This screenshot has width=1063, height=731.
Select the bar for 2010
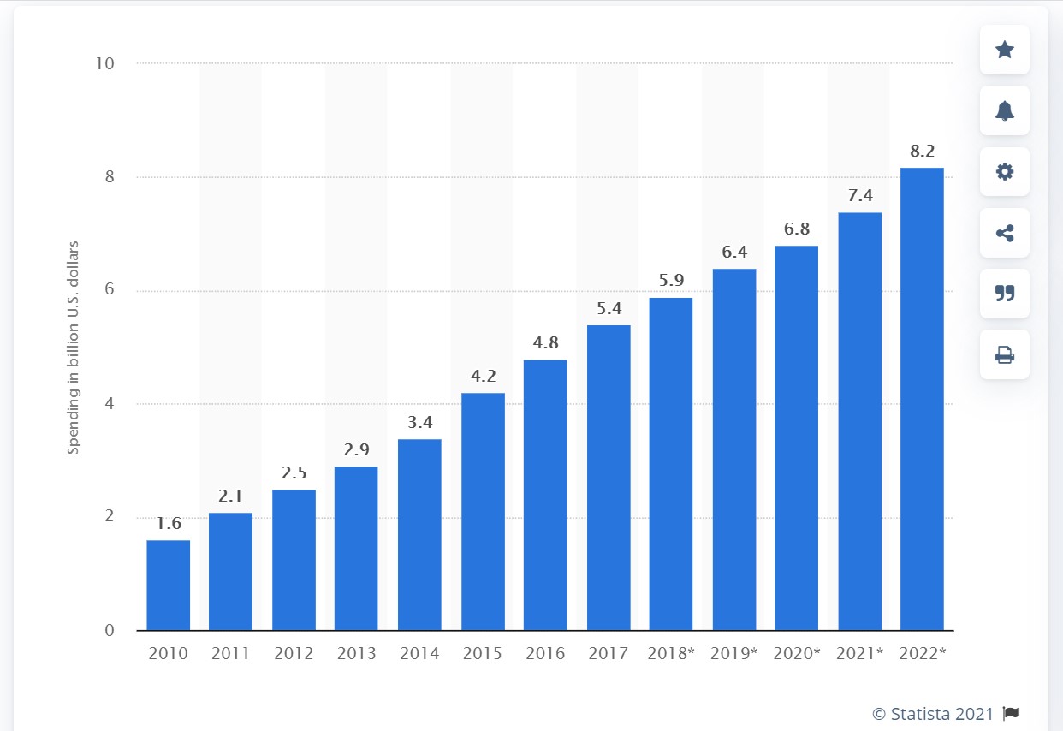pyautogui.click(x=168, y=585)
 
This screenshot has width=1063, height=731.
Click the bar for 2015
pyautogui.click(x=483, y=512)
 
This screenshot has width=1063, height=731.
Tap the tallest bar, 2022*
pyautogui.click(x=922, y=399)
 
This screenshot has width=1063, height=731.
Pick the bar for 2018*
pyautogui.click(x=671, y=464)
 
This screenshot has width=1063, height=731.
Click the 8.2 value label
pyautogui.click(x=922, y=151)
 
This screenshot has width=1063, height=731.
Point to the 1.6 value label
pyautogui.click(x=168, y=523)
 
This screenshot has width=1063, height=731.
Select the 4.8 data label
pyautogui.click(x=545, y=342)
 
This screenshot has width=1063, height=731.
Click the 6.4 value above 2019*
pyautogui.click(x=734, y=252)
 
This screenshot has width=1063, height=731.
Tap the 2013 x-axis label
pyautogui.click(x=356, y=654)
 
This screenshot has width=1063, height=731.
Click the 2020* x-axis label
pyautogui.click(x=797, y=654)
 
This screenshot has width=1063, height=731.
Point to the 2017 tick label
pyautogui.click(x=609, y=654)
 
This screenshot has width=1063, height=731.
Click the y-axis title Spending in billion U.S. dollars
pyautogui.click(x=74, y=348)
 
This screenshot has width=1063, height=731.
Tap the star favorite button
pyautogui.click(x=1005, y=50)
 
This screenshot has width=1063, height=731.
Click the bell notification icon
pyautogui.click(x=1005, y=110)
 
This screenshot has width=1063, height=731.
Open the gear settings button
pyautogui.click(x=1005, y=171)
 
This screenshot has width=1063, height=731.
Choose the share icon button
pyautogui.click(x=1005, y=232)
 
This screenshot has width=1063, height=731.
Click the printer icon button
pyautogui.click(x=1005, y=354)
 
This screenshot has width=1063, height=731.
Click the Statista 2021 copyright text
pyautogui.click(x=933, y=714)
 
